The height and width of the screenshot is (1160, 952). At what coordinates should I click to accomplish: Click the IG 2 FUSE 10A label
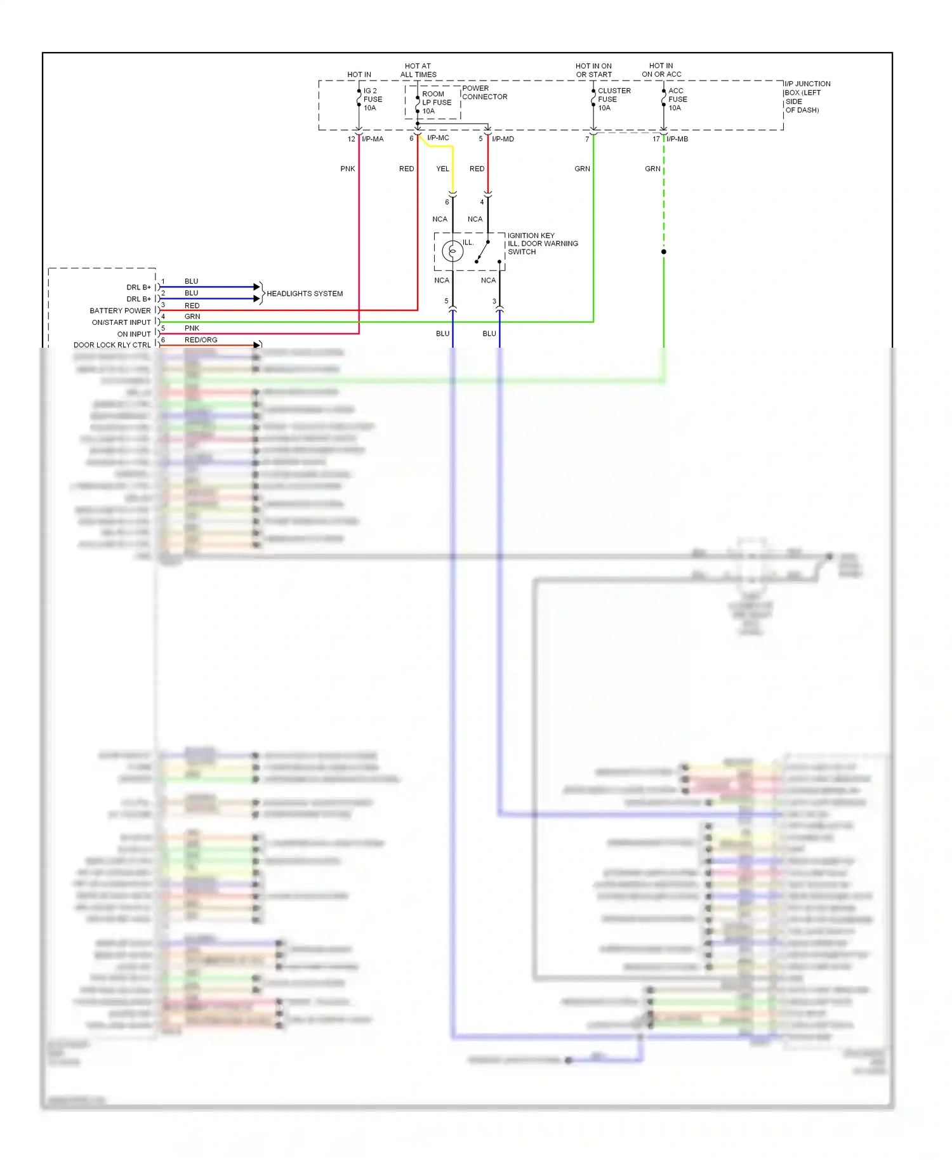pyautogui.click(x=373, y=100)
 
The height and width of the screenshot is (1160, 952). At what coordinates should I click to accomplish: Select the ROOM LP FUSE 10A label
pyautogui.click(x=437, y=102)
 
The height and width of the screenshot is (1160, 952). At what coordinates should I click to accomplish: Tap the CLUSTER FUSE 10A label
pyautogui.click(x=614, y=100)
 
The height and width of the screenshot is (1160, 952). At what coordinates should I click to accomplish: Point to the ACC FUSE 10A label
pyautogui.click(x=677, y=100)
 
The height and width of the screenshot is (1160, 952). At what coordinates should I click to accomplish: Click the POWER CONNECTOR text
pyautogui.click(x=484, y=93)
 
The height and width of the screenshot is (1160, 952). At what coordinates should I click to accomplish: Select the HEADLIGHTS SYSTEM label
pyautogui.click(x=305, y=294)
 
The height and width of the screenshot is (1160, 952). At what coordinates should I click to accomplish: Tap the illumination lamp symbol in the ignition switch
pyautogui.click(x=453, y=251)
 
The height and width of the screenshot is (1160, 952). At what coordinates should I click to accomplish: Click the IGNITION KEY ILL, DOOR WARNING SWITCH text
pyautogui.click(x=543, y=244)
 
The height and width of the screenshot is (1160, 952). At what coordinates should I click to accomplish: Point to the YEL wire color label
pyautogui.click(x=442, y=169)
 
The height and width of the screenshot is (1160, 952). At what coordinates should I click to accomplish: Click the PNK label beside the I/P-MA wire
pyautogui.click(x=348, y=169)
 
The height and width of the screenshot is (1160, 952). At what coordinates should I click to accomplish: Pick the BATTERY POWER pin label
pyautogui.click(x=120, y=311)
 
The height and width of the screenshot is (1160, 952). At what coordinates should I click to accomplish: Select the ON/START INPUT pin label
pyautogui.click(x=121, y=322)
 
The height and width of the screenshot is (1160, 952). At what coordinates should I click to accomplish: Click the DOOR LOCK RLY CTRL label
pyautogui.click(x=112, y=345)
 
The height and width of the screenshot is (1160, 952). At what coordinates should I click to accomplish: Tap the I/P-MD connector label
pyautogui.click(x=503, y=139)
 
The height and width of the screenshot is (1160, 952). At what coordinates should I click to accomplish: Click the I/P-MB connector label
pyautogui.click(x=677, y=139)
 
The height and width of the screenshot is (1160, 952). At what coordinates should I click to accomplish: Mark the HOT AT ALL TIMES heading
pyautogui.click(x=418, y=70)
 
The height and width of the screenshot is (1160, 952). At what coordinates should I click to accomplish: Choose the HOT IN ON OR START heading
pyautogui.click(x=594, y=70)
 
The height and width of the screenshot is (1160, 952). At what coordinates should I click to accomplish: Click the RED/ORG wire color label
pyautogui.click(x=201, y=340)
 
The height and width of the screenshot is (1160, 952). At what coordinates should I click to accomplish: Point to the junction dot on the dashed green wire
pyautogui.click(x=664, y=252)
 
